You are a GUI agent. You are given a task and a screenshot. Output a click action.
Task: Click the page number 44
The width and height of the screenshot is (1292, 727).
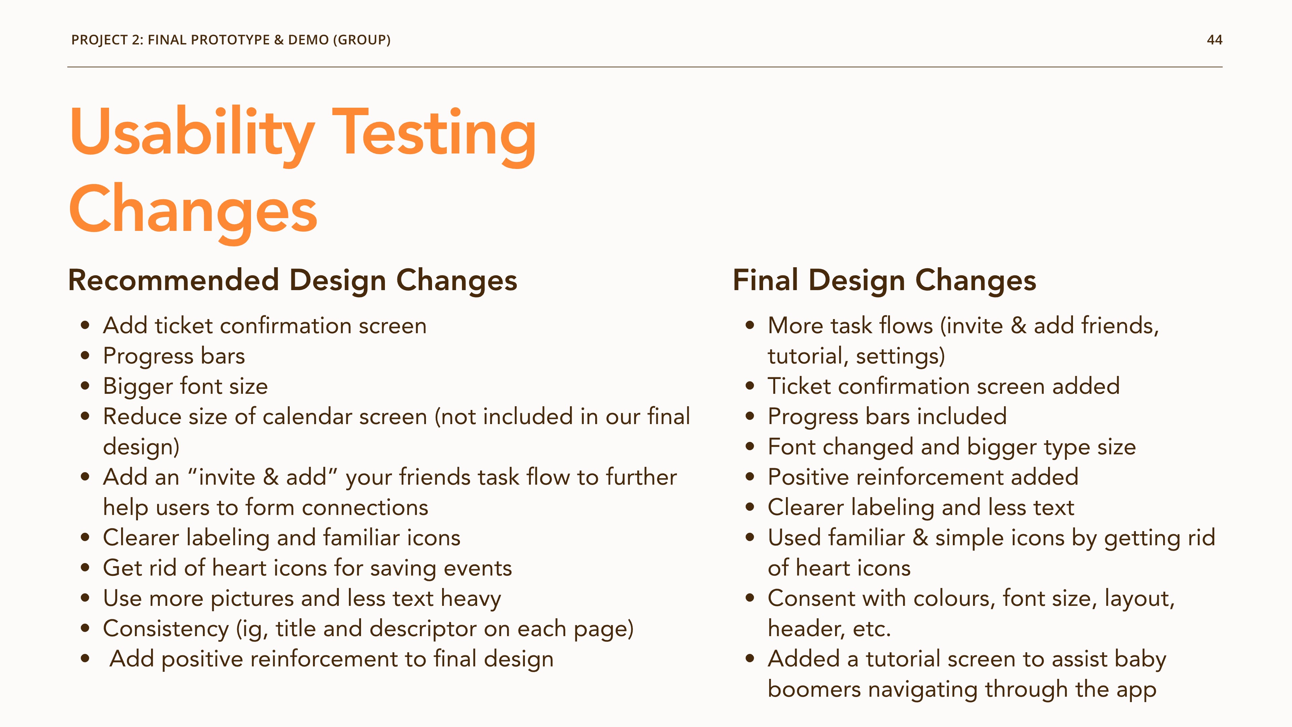(x=1214, y=40)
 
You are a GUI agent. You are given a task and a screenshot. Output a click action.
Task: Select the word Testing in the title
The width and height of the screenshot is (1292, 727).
(x=434, y=135)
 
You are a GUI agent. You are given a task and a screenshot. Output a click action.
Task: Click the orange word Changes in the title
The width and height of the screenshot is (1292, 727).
(x=193, y=211)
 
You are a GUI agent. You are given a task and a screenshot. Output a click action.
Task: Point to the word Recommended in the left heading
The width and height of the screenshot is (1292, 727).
(x=173, y=280)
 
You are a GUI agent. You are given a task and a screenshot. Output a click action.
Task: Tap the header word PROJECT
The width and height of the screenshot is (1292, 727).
(x=99, y=40)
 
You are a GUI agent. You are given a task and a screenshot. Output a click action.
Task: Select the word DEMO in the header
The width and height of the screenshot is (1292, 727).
(x=309, y=40)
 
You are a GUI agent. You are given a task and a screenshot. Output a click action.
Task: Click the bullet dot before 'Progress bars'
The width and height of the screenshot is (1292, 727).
(x=85, y=356)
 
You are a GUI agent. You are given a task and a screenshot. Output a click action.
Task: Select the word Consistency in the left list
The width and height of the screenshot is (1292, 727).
(x=166, y=629)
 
